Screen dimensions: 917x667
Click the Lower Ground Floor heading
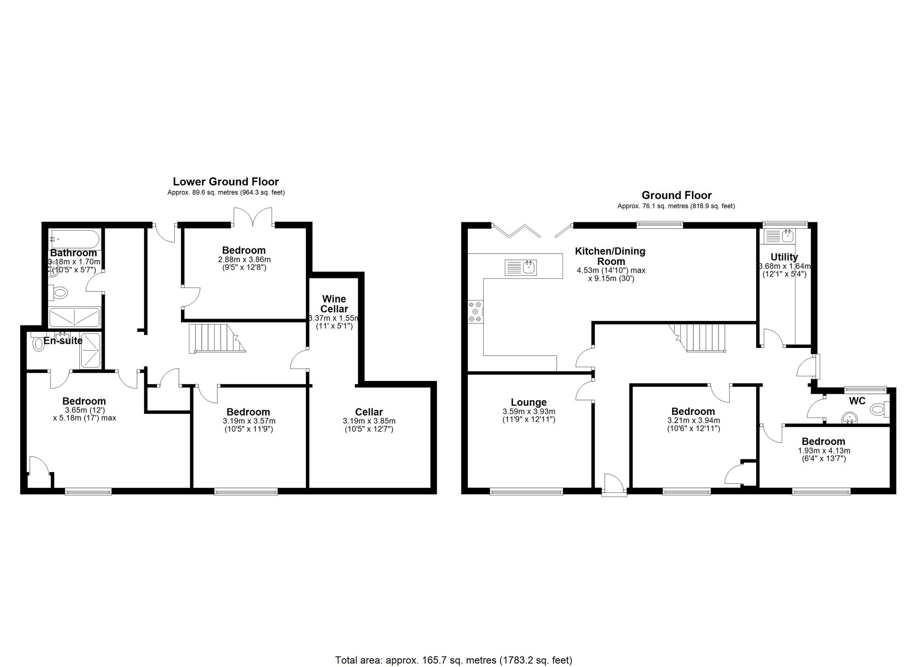(226, 182)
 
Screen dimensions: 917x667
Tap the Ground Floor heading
(676, 195)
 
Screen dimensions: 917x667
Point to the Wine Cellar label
(334, 304)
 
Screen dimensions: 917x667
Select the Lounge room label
(529, 402)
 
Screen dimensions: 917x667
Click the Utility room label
(784, 257)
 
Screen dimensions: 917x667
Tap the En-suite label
(63, 341)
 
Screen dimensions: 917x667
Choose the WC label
(857, 401)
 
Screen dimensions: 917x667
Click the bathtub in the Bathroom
(75, 239)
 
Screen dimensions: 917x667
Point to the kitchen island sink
(521, 267)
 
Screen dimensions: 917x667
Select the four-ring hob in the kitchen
(475, 312)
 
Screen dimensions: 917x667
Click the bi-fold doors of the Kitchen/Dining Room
(532, 231)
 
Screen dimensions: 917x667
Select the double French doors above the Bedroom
(253, 216)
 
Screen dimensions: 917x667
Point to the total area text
(454, 660)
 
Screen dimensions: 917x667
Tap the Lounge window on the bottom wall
(526, 492)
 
